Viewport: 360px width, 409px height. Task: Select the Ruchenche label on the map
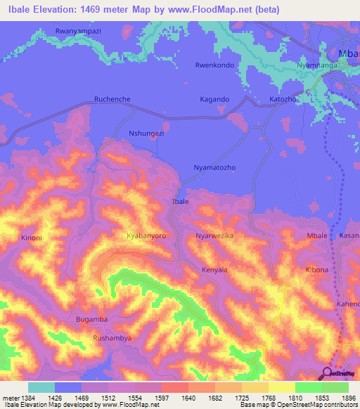pyautogui.click(x=112, y=100)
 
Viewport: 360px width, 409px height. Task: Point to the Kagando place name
pyautogui.click(x=215, y=100)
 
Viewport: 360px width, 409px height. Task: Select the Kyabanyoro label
pyautogui.click(x=146, y=236)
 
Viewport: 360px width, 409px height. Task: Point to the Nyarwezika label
pyautogui.click(x=214, y=236)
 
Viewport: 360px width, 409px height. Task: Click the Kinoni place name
pyautogui.click(x=32, y=238)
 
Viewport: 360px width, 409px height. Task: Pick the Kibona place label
pyautogui.click(x=317, y=270)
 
